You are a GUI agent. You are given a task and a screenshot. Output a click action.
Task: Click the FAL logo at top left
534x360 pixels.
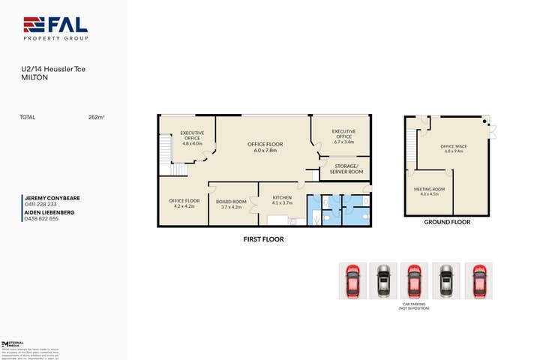pyautogui.click(x=55, y=28)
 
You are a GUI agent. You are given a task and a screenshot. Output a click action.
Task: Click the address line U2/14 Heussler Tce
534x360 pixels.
pyautogui.click(x=53, y=70)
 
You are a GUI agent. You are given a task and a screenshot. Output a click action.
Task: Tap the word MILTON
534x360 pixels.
pyautogui.click(x=33, y=77)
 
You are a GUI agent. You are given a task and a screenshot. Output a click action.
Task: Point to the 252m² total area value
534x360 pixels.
pyautogui.click(x=96, y=117)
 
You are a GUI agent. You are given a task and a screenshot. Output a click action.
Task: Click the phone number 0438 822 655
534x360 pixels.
pyautogui.click(x=42, y=218)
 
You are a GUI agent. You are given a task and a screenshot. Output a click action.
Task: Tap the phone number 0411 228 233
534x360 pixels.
pyautogui.click(x=41, y=205)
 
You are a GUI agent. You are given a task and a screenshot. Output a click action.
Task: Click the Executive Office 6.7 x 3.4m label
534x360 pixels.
pyautogui.click(x=343, y=136)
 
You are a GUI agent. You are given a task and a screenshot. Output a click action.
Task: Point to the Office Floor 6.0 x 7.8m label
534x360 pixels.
pyautogui.click(x=265, y=146)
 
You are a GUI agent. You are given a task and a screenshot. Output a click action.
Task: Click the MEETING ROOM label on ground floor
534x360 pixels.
pyautogui.click(x=429, y=191)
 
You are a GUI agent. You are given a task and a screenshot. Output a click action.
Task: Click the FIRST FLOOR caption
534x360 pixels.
pyautogui.click(x=262, y=239)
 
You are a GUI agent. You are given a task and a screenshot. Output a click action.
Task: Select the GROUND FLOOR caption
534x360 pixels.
pyautogui.click(x=446, y=223)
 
